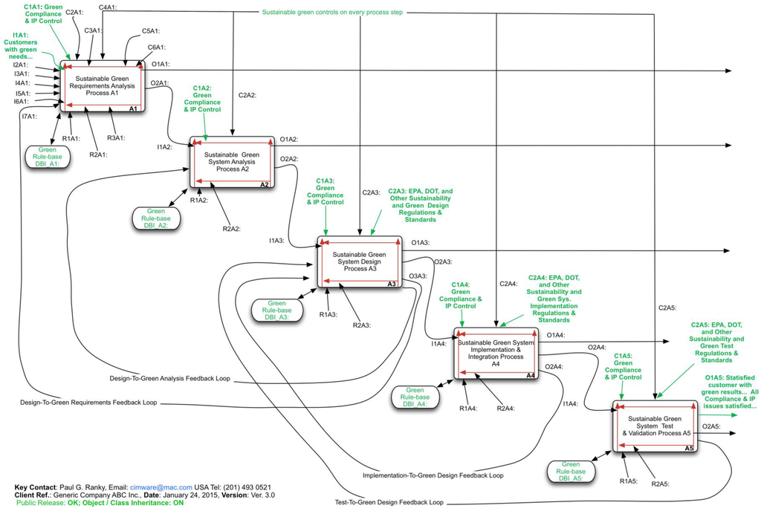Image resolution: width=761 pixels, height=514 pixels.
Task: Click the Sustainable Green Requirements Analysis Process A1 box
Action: (102, 86)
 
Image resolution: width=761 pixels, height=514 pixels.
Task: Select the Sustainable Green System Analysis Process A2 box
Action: (233, 160)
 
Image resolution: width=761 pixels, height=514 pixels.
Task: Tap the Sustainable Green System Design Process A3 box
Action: (360, 261)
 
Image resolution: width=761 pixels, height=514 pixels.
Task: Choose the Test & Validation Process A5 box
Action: (655, 426)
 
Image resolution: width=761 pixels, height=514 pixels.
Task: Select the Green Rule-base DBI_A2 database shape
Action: (156, 218)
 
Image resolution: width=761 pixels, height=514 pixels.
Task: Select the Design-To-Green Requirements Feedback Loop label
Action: (88, 403)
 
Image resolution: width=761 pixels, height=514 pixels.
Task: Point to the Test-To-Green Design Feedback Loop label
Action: (389, 503)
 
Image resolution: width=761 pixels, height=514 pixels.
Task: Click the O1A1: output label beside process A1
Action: (161, 65)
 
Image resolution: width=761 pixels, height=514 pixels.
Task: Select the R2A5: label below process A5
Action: (661, 484)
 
